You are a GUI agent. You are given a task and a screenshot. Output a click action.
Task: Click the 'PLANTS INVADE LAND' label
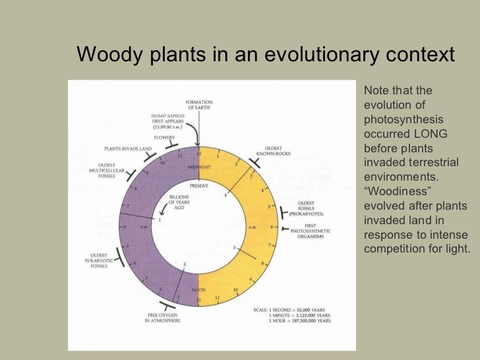coord(128,149)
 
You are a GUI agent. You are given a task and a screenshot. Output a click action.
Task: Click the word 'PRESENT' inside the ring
coord(198,187)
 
